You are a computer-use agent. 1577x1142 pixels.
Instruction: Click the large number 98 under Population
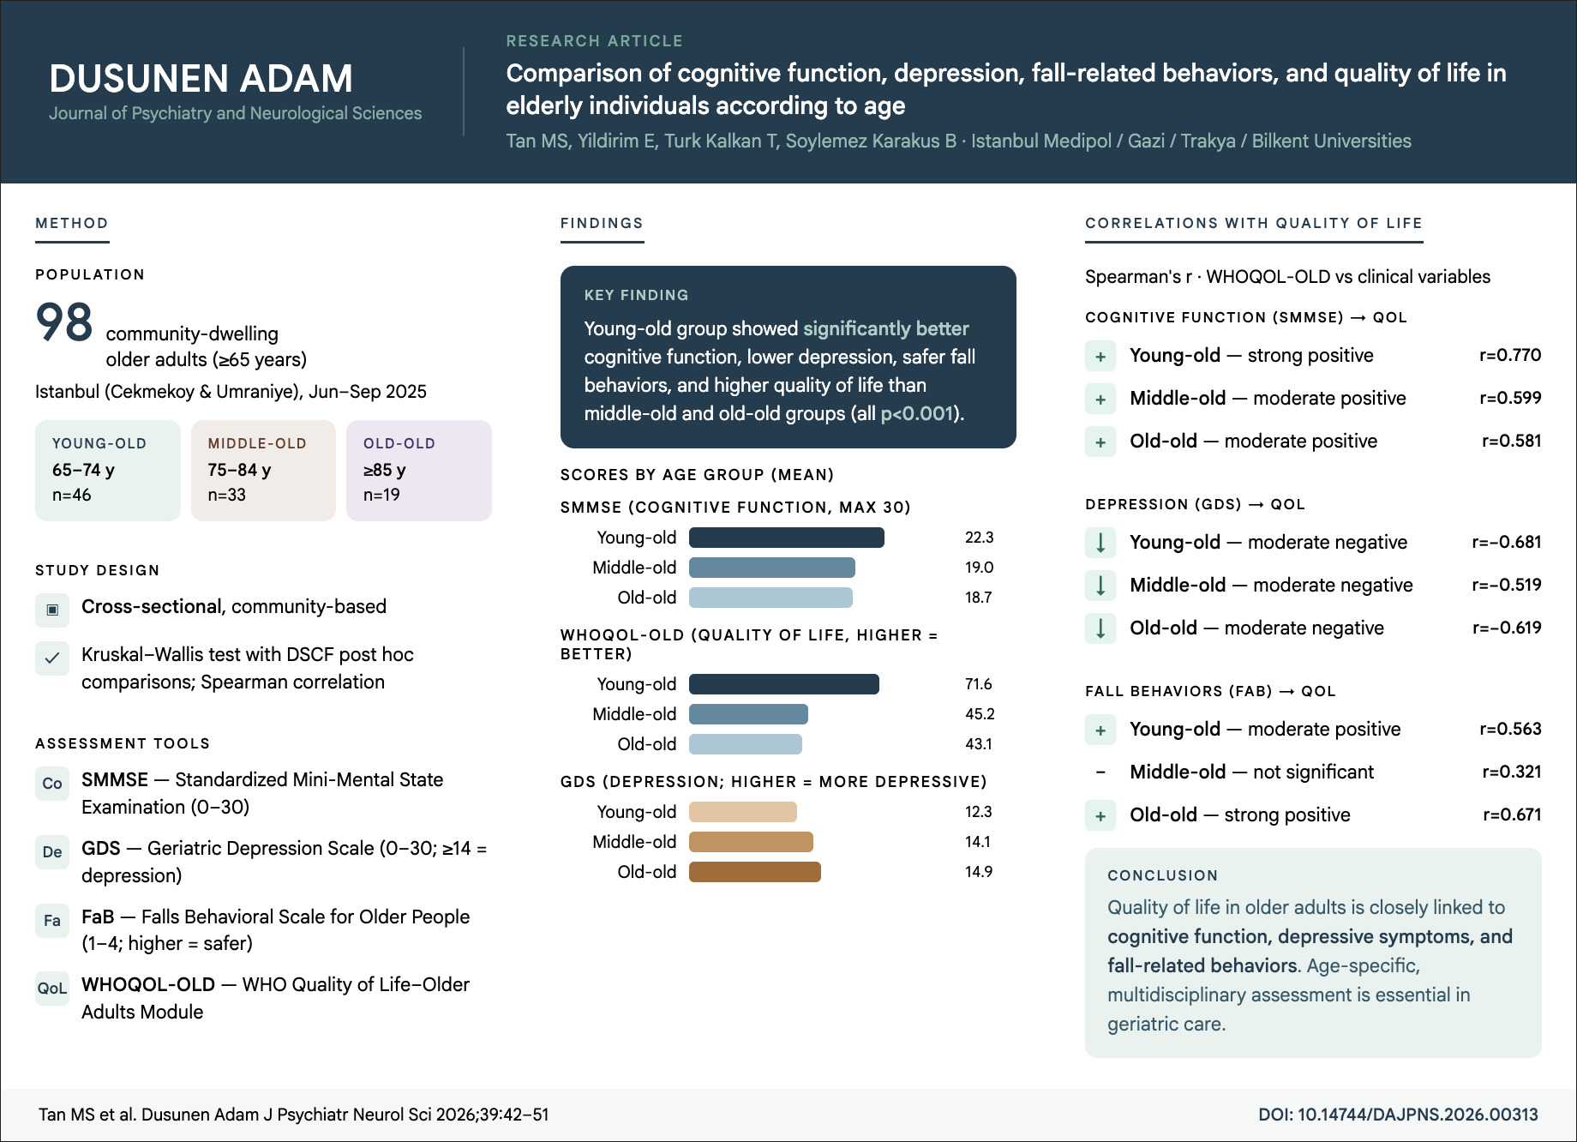tap(64, 322)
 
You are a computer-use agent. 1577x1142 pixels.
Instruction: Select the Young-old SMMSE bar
tap(786, 538)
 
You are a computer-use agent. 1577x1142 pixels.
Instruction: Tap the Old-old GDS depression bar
tap(754, 872)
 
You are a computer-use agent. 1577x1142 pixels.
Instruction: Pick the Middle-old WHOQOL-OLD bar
tap(748, 714)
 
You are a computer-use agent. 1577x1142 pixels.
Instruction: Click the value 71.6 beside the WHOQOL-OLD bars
tap(978, 684)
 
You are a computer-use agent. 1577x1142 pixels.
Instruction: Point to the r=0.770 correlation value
tap(1509, 355)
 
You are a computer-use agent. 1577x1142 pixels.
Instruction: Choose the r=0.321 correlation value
tap(1511, 772)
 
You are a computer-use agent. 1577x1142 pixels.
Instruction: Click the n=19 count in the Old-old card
tap(381, 495)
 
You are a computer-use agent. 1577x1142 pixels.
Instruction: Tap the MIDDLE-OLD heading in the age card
tap(257, 443)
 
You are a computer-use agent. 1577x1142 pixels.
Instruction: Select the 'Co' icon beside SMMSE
tap(52, 784)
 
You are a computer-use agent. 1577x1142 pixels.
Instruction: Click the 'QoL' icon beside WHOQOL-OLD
tap(52, 989)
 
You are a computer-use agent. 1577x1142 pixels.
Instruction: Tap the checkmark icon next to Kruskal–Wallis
tap(52, 658)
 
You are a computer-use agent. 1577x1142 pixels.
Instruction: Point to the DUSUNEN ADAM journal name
tap(201, 79)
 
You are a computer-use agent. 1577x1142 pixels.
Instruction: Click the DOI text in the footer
tap(1398, 1115)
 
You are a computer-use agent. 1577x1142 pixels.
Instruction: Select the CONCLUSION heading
tap(1162, 875)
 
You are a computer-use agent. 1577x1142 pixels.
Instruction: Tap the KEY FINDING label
tap(636, 295)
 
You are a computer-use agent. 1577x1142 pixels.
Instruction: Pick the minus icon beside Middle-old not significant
tap(1100, 772)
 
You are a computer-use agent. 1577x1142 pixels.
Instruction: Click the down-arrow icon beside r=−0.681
tap(1100, 543)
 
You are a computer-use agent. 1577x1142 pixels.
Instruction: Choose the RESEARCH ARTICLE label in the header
tap(594, 41)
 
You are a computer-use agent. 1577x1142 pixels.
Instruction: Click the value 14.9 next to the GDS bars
tap(978, 872)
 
